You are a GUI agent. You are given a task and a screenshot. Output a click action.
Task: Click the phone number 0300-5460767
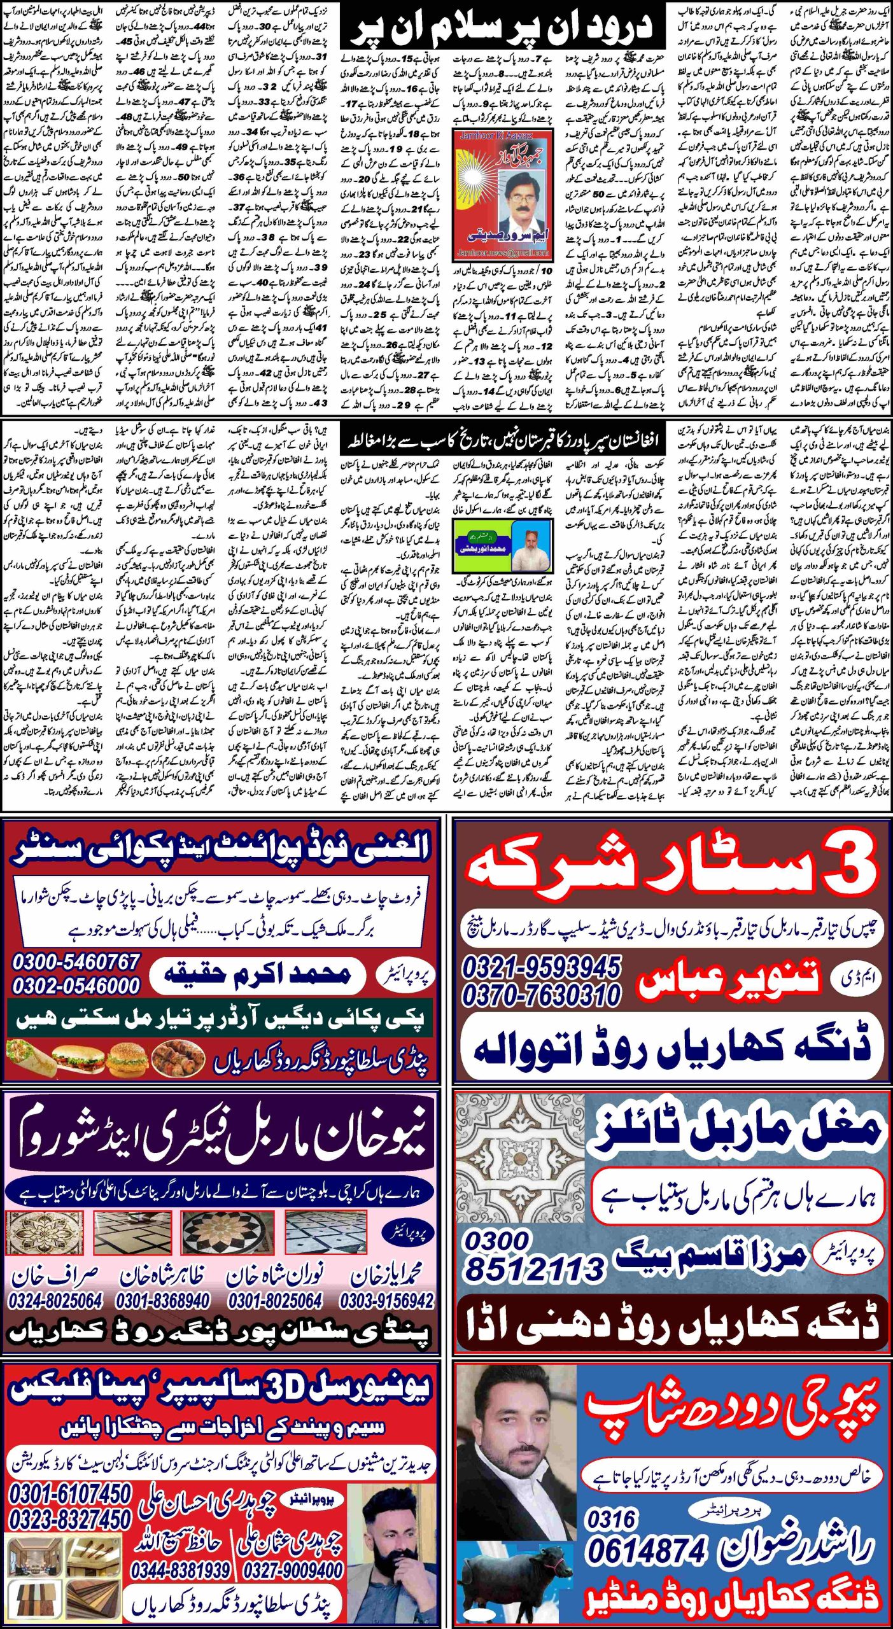tap(76, 961)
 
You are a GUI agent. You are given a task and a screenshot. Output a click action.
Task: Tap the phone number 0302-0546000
tap(76, 986)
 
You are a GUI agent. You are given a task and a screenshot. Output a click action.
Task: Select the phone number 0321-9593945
tap(541, 968)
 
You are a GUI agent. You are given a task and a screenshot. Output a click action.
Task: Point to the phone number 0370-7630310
tap(541, 995)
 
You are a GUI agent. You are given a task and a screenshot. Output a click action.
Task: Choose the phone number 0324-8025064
tap(55, 1301)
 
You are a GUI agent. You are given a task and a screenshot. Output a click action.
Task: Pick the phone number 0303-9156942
tap(386, 1301)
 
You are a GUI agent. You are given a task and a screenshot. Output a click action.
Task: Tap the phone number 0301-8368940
tap(163, 1301)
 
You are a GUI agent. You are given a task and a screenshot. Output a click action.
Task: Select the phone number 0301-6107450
tap(70, 1493)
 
